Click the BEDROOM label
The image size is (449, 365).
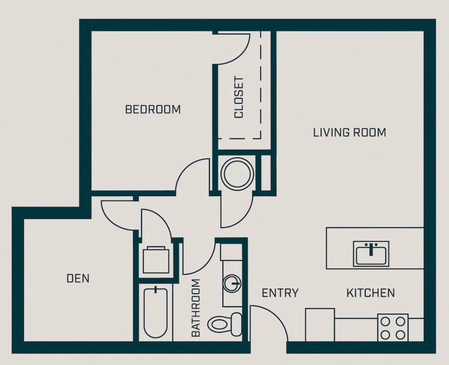click(x=152, y=109)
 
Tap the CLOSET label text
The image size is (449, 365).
click(x=239, y=97)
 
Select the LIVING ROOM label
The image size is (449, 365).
click(x=349, y=132)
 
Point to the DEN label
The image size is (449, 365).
click(x=78, y=278)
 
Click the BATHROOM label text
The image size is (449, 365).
click(x=196, y=308)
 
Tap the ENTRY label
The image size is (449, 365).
click(x=280, y=293)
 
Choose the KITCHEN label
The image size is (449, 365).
click(x=370, y=293)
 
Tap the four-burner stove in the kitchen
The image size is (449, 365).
click(x=393, y=328)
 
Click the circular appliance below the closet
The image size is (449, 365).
click(x=237, y=173)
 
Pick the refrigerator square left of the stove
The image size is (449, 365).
click(x=320, y=325)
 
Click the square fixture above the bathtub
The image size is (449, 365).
click(x=155, y=259)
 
